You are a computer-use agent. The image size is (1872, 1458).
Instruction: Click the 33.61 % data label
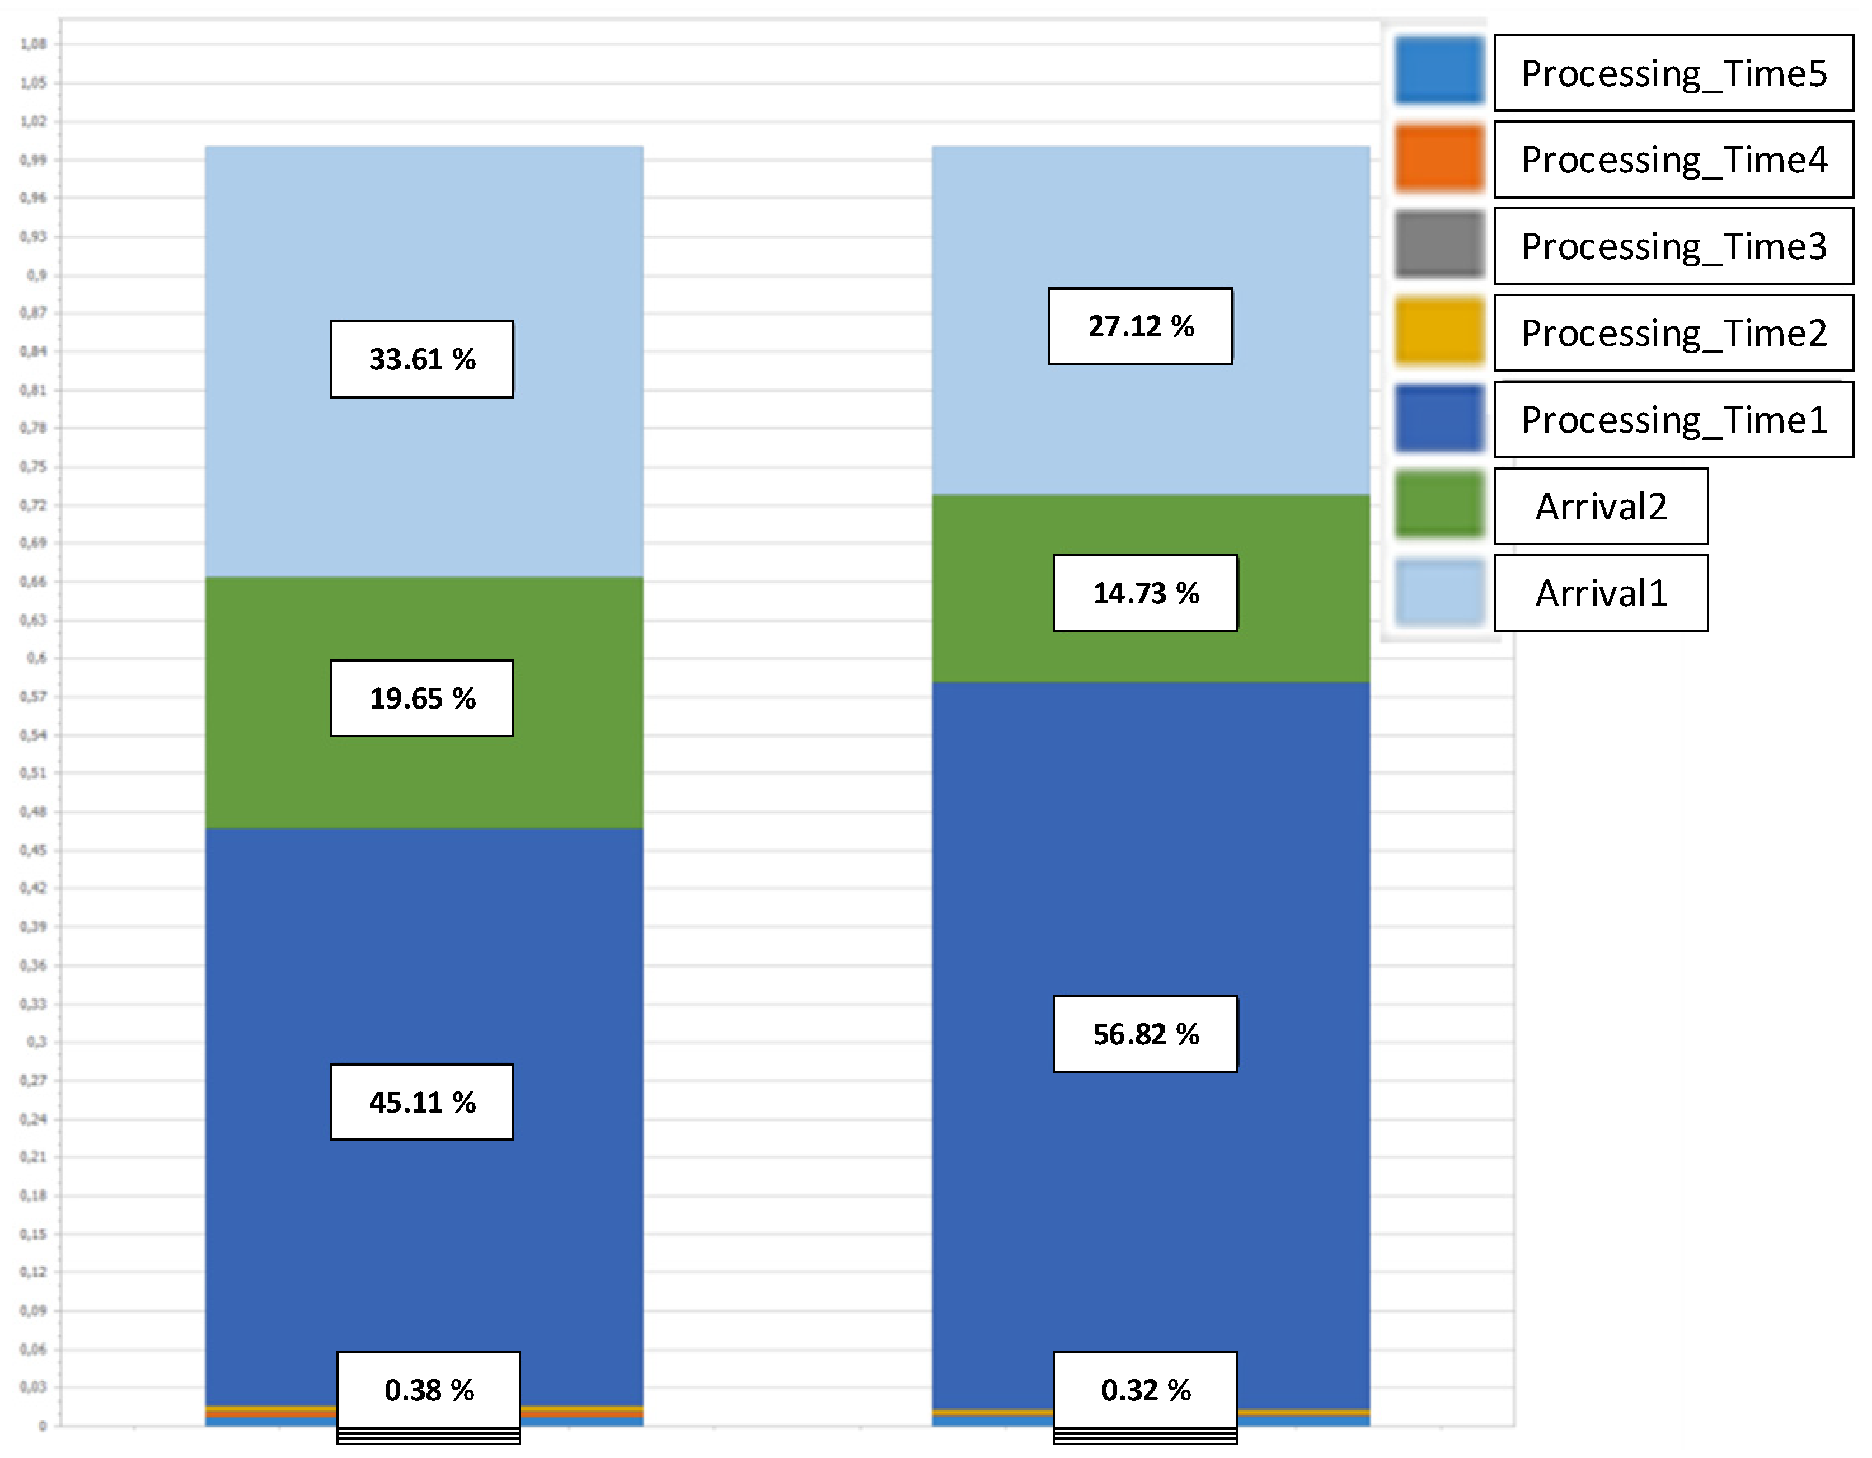pos(422,359)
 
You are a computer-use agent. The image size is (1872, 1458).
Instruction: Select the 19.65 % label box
pos(422,698)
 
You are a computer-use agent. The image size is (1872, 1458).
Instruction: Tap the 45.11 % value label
pos(422,1101)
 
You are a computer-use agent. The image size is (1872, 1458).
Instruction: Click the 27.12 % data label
pos(1140,326)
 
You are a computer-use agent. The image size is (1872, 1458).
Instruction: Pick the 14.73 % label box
pos(1145,593)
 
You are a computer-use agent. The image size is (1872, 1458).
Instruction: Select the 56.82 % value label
pos(1145,1034)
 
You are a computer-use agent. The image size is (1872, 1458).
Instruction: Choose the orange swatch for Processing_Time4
pos(1438,158)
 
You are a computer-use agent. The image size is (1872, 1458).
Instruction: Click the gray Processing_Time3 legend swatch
pos(1438,245)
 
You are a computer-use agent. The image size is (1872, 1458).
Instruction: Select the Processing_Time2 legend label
pos(1673,332)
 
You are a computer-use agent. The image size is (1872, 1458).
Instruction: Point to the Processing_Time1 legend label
pos(1673,419)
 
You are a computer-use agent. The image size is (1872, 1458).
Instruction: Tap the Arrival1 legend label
pos(1600,593)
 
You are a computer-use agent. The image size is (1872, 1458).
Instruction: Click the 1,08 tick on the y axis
pos(34,44)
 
